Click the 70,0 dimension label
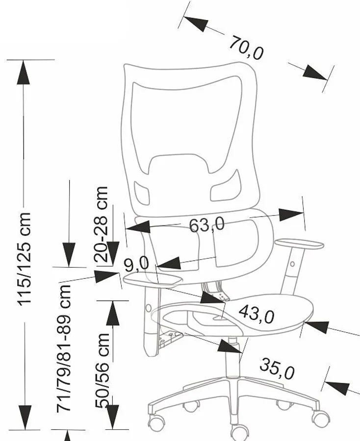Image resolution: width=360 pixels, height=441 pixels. [246, 48]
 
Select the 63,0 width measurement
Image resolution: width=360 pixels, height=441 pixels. [206, 225]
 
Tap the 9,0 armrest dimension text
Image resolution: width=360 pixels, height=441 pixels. [136, 265]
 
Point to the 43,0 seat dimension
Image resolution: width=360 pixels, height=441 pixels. [257, 314]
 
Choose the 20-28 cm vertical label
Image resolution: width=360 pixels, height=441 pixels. [102, 218]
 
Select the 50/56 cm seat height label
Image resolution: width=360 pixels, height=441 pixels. [103, 370]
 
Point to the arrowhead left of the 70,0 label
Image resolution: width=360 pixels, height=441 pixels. [195, 24]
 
